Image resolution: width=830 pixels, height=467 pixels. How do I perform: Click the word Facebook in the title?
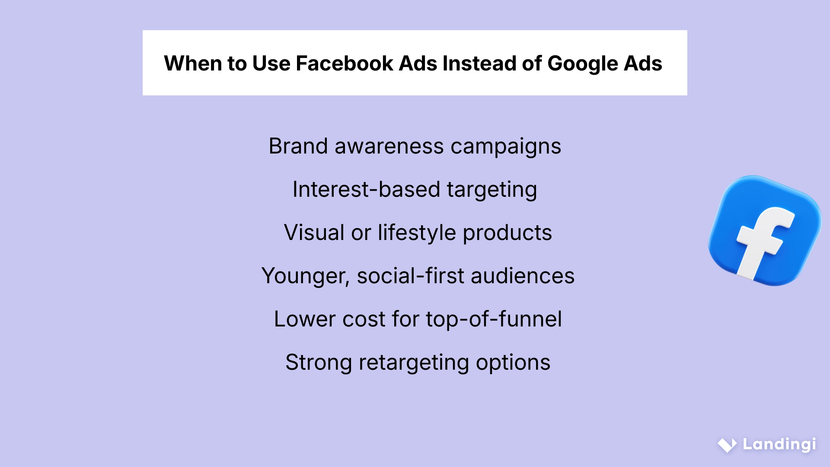[344, 63]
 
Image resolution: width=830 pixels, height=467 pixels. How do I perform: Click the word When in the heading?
[193, 63]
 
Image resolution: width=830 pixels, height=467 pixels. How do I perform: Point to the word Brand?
[298, 146]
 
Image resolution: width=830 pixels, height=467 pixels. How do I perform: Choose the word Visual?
[314, 233]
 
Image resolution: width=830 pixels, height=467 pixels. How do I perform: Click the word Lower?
[305, 319]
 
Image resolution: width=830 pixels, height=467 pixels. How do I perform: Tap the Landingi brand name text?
[779, 445]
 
